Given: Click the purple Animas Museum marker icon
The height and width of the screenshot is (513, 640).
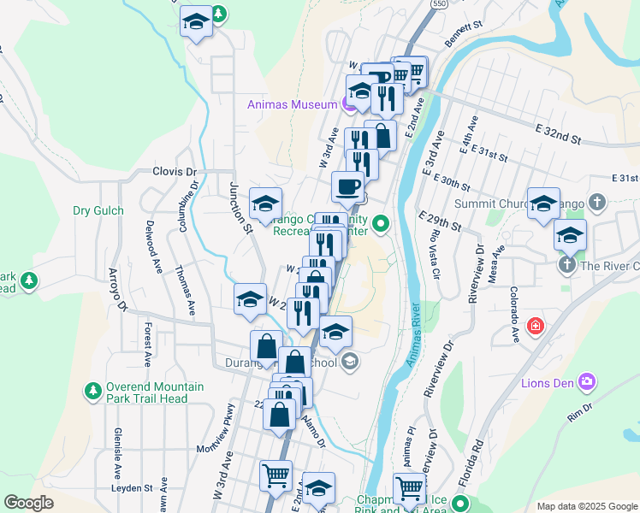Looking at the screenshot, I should [x=348, y=105].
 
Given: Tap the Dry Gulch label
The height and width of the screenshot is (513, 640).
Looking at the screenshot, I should [x=98, y=210].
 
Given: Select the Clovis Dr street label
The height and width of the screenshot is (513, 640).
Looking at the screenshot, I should [x=175, y=171].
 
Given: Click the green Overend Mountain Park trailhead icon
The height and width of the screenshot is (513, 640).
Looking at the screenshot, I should [x=92, y=392].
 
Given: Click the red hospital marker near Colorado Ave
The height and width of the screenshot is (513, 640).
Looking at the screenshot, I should [x=536, y=326].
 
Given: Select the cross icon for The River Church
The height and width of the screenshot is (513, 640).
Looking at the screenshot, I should [x=566, y=266].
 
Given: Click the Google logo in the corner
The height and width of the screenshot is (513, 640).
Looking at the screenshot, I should [x=29, y=503].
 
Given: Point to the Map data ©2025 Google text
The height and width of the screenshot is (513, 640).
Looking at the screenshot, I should [x=585, y=506].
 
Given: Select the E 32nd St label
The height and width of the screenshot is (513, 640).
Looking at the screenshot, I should [x=558, y=133].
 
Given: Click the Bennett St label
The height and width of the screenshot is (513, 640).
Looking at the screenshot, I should [x=465, y=35].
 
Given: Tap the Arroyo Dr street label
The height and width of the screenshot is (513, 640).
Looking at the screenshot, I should [x=116, y=291].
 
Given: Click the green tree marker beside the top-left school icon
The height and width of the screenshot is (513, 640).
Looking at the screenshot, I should [x=219, y=15].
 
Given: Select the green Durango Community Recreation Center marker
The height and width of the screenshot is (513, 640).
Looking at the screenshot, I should [x=382, y=225].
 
